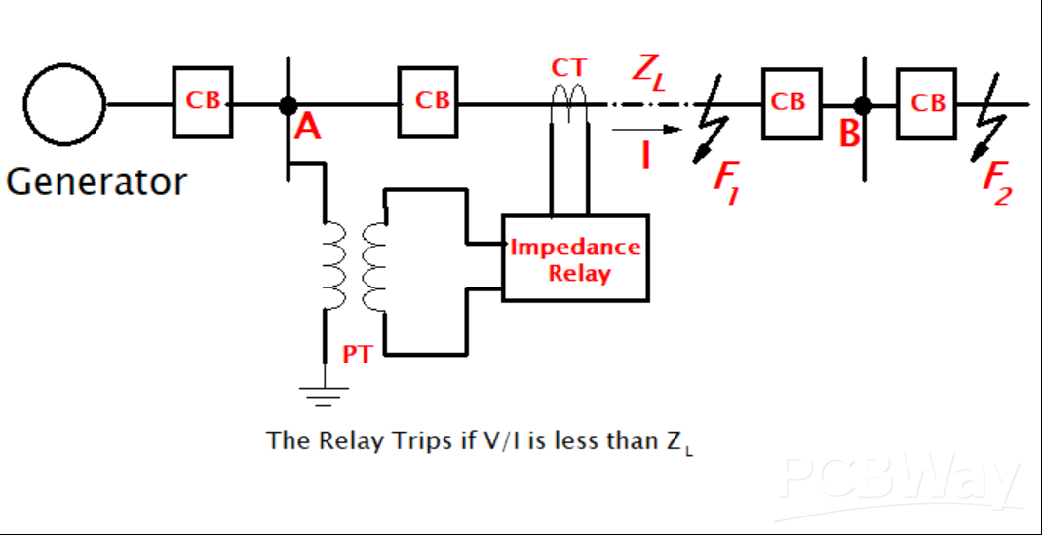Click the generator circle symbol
click(x=64, y=104)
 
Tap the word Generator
click(x=96, y=181)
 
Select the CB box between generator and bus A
click(x=203, y=101)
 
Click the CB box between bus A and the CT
click(x=428, y=101)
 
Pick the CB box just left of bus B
click(x=791, y=101)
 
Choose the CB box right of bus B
click(x=927, y=102)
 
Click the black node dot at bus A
click(x=288, y=104)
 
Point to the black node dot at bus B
click(x=862, y=104)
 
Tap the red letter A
click(x=307, y=127)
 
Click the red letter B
click(x=850, y=134)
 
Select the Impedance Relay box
click(x=575, y=258)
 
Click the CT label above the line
click(x=568, y=68)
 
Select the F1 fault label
click(x=726, y=180)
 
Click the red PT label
click(x=357, y=355)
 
